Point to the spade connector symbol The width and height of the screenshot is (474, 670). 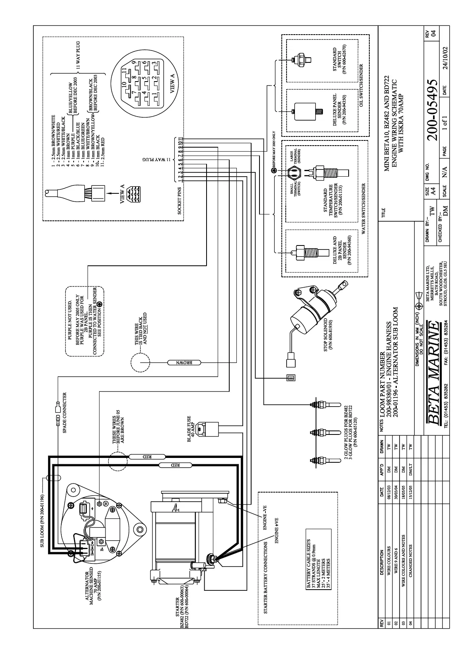point(58,414)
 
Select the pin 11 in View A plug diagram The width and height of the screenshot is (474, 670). point(125,70)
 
